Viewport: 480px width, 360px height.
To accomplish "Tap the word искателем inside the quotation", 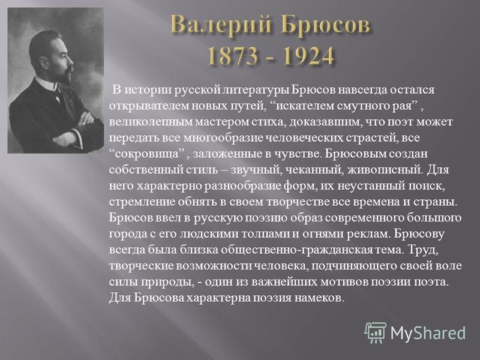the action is point(303,106).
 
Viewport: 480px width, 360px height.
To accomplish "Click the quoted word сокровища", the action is point(148,154).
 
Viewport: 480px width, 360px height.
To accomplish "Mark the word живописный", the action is point(385,170).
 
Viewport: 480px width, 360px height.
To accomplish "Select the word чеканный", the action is point(313,170).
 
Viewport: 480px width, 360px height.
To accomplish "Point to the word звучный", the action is point(256,170).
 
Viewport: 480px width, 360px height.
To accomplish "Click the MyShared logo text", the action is point(428,333).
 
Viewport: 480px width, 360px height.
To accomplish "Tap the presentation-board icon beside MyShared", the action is point(376,333).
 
